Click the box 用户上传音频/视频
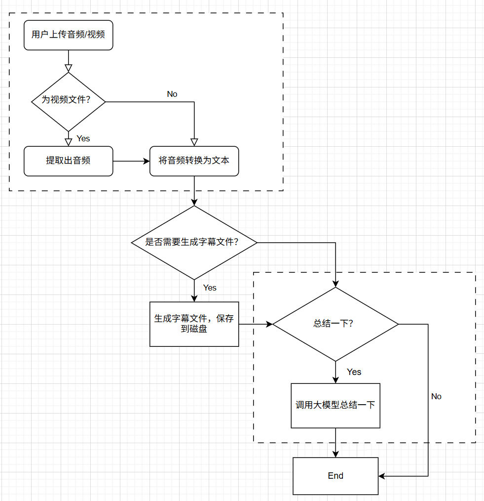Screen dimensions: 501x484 68,35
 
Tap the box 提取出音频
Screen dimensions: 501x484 68,161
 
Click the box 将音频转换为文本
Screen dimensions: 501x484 194,161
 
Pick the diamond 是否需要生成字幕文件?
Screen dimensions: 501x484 194,243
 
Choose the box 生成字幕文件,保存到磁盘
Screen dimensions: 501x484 194,324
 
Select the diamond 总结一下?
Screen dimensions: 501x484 335,324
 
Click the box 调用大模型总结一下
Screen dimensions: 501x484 335,406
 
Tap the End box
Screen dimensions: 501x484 335,476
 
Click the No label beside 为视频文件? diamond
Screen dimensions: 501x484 172,94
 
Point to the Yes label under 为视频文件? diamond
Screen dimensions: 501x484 83,138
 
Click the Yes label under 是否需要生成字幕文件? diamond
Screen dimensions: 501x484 210,288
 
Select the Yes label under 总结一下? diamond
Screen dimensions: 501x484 354,372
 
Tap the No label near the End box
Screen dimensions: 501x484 436,396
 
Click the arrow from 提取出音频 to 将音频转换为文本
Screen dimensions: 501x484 131,161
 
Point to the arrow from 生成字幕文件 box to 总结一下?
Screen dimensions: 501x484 255,324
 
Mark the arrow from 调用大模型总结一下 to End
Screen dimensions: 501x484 335,442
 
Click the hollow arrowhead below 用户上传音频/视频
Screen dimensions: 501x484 68,68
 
